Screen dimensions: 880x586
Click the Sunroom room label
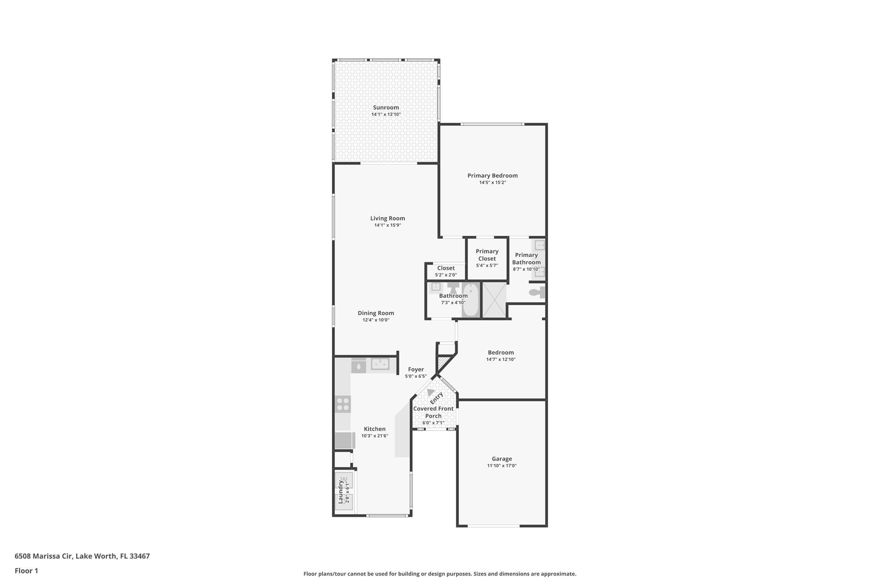pos(386,108)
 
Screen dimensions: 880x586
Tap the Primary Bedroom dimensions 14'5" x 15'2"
pos(492,182)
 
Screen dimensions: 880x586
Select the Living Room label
pos(388,219)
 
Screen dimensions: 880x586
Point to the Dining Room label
pos(376,313)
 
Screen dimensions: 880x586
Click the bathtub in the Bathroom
pos(471,299)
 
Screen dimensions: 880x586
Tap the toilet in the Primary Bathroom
pos(537,292)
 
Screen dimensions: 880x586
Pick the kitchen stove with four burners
pos(343,404)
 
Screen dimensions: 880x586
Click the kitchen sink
pos(380,364)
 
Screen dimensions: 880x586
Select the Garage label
pos(502,459)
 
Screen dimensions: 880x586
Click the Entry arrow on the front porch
pos(431,392)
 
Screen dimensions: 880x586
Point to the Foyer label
pos(416,370)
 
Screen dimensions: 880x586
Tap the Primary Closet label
pos(487,255)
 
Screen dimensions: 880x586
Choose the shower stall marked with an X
pos(494,300)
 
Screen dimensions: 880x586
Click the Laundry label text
pos(340,492)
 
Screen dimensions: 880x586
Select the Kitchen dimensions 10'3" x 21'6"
pos(375,436)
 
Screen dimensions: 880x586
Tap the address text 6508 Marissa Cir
pos(44,556)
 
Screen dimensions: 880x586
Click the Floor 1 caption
pos(26,571)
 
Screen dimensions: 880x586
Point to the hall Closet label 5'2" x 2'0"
pos(446,271)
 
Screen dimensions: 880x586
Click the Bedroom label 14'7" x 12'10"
pos(501,356)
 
